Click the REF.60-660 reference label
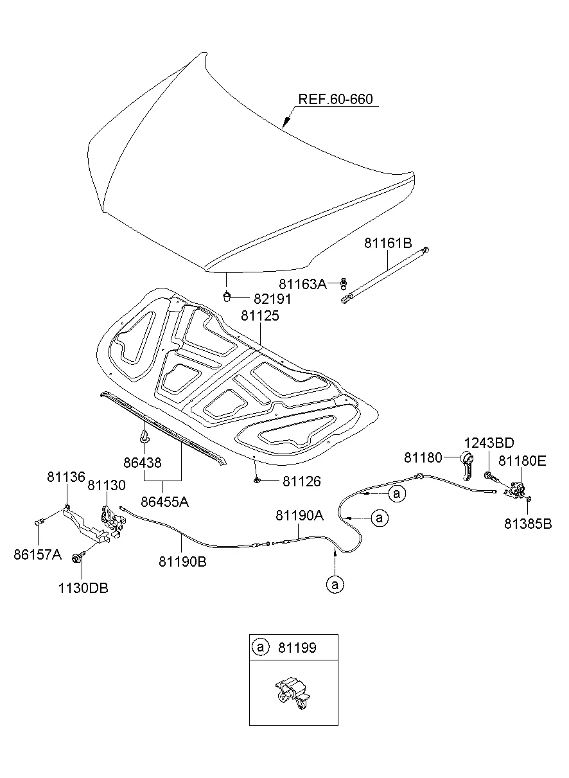click(x=335, y=100)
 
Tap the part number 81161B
click(x=388, y=243)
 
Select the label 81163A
click(x=302, y=284)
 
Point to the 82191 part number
click(x=272, y=299)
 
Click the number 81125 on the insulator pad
click(x=261, y=316)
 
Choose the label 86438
click(x=142, y=462)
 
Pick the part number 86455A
click(x=164, y=502)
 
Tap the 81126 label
click(x=302, y=481)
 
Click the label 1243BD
click(x=489, y=443)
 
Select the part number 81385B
click(x=528, y=523)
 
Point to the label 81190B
click(x=183, y=561)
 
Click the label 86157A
click(x=37, y=554)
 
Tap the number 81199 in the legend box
click(x=297, y=648)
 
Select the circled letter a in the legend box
click(x=260, y=647)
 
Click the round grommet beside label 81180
click(x=468, y=459)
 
